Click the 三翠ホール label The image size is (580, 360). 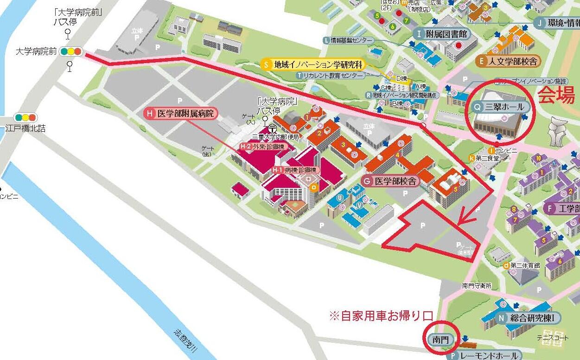pyautogui.click(x=500, y=107)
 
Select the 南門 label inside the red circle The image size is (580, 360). pyautogui.click(x=441, y=340)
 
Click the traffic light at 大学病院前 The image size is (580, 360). pyautogui.click(x=71, y=51)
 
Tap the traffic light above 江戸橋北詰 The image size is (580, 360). pyautogui.click(x=25, y=118)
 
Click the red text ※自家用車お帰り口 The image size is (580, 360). pyautogui.click(x=381, y=316)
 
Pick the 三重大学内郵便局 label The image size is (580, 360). pyautogui.click(x=275, y=137)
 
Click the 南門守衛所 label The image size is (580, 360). pyautogui.click(x=476, y=286)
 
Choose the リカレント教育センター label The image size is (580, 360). pyautogui.click(x=327, y=75)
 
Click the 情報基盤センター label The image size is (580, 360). pyautogui.click(x=348, y=40)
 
